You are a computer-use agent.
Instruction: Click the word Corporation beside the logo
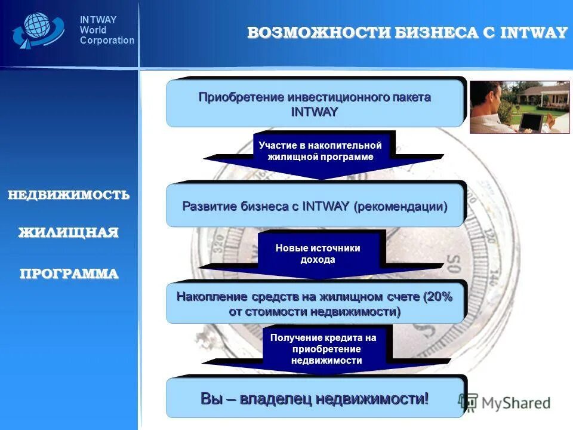tap(107, 41)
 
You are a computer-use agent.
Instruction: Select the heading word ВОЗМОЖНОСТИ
tap(319, 33)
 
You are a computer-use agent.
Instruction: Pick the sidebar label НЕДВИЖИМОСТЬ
tap(69, 195)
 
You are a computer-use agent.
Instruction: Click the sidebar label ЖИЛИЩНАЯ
tap(69, 233)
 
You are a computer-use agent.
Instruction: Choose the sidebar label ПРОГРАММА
tap(69, 274)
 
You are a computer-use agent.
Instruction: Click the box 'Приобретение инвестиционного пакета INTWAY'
tap(315, 104)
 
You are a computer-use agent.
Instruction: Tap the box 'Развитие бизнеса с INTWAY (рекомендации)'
tap(315, 207)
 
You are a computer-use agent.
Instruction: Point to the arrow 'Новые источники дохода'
tap(318, 254)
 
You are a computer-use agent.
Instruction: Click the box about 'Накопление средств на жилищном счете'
tap(315, 304)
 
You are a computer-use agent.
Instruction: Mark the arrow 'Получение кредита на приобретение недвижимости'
tap(326, 349)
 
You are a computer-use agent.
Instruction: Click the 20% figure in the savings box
tap(439, 297)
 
